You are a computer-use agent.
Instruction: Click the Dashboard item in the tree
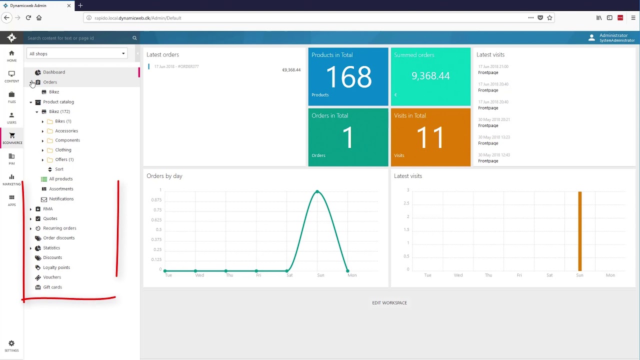[x=53, y=72]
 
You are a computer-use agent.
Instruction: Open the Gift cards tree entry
[x=52, y=287]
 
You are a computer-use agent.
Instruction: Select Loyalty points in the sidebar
[x=56, y=267]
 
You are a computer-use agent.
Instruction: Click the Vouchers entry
[x=51, y=277]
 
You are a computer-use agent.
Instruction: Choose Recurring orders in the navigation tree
[x=59, y=228]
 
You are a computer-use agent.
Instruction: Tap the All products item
[x=60, y=179]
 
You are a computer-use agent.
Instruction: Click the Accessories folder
[x=66, y=131]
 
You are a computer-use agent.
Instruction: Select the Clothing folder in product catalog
[x=63, y=150]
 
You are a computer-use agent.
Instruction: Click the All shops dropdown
[x=77, y=54]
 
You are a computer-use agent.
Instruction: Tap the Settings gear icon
[x=11, y=344]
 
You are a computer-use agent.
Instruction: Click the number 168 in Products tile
[x=348, y=77]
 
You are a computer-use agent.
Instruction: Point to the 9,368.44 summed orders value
[x=430, y=76]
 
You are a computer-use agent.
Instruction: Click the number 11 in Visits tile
[x=430, y=137]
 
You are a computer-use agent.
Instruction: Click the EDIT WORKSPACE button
[x=389, y=303]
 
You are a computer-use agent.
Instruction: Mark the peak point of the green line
[x=317, y=191]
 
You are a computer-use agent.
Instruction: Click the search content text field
[x=77, y=38]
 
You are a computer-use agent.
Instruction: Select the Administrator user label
[x=613, y=35]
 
